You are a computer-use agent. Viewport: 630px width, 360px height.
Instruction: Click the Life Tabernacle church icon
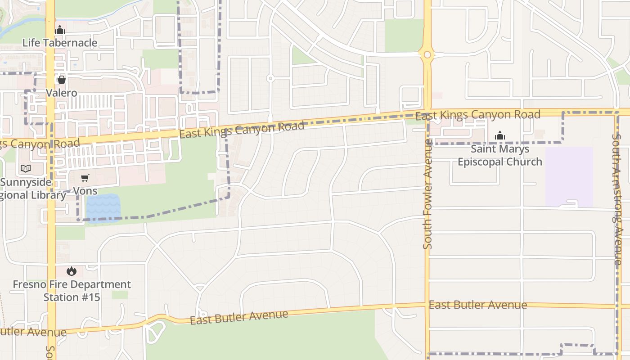coord(60,31)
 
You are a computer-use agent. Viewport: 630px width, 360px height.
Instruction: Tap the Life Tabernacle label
coord(60,43)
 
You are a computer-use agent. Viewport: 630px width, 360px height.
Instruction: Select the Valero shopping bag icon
coord(62,80)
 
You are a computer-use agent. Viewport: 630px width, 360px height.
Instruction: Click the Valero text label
coord(62,93)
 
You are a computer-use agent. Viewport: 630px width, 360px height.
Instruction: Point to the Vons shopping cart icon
coord(85,178)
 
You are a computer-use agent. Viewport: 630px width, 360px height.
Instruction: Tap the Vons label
coord(85,191)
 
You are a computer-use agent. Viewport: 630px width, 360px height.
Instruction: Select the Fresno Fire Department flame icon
coord(72,271)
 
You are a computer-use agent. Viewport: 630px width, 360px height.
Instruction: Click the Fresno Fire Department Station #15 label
coord(72,291)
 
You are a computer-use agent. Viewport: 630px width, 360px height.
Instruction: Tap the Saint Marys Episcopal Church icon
coord(500,135)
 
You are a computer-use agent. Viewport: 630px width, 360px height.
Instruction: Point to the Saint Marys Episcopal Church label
coord(500,155)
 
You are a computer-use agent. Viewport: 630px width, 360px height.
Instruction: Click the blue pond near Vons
coord(103,208)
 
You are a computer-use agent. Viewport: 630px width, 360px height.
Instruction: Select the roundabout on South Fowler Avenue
coord(427,55)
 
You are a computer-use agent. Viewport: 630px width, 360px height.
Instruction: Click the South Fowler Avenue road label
coord(427,193)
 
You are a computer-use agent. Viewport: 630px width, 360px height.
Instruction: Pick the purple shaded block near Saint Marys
coord(569,176)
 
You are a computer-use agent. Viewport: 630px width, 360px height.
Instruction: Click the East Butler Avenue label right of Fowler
coord(477,305)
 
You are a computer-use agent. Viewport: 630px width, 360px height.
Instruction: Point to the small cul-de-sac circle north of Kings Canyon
coord(270,78)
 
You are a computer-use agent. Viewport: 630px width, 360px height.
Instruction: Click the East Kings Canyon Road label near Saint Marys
coord(477,115)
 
